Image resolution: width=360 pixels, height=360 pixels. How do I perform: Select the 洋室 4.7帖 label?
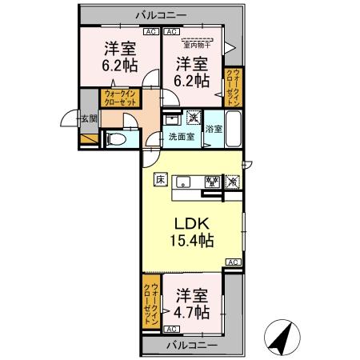192,302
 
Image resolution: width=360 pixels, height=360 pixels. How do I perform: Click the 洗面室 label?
181,137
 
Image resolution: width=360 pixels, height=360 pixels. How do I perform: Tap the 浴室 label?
214,129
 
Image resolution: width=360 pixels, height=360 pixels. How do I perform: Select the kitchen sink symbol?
182,180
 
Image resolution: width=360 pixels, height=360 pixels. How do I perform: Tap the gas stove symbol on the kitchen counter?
212,181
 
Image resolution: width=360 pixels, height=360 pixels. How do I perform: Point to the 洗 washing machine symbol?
193,118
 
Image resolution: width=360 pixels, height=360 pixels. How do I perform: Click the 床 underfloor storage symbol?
160,179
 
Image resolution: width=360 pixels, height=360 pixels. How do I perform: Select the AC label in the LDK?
231,262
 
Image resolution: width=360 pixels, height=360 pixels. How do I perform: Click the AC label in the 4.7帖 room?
170,328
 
